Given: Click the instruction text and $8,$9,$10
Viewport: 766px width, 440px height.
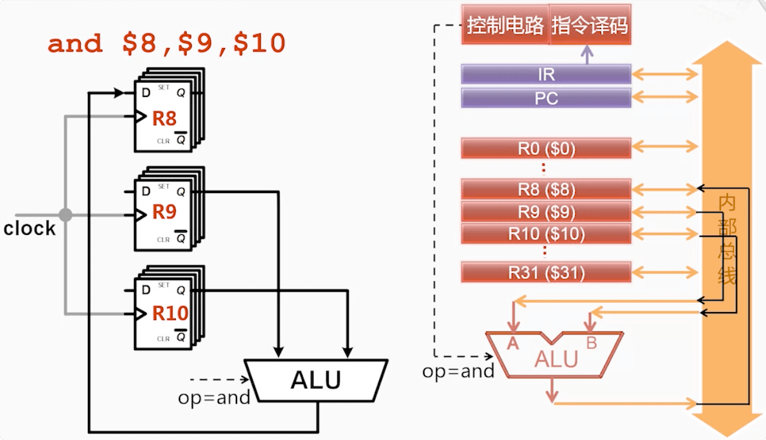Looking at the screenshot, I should pyautogui.click(x=167, y=44).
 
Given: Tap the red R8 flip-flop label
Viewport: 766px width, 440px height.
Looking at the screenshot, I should pyautogui.click(x=164, y=118).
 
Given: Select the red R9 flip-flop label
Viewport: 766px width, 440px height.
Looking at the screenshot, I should pyautogui.click(x=164, y=212).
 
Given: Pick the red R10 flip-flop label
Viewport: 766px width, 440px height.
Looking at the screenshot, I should pyautogui.click(x=170, y=313).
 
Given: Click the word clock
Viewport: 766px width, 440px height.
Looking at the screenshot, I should pyautogui.click(x=29, y=229).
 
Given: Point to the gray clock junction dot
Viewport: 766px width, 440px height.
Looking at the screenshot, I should pyautogui.click(x=66, y=215).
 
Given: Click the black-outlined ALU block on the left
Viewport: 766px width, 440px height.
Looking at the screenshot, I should pyautogui.click(x=315, y=380).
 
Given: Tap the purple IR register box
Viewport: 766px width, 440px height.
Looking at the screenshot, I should pyautogui.click(x=546, y=75).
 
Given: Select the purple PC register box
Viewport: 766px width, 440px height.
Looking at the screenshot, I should pyautogui.click(x=546, y=98).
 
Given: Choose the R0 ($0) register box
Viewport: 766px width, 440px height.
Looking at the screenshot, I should pyautogui.click(x=546, y=148).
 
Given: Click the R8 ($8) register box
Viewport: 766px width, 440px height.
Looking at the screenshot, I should pyautogui.click(x=546, y=189).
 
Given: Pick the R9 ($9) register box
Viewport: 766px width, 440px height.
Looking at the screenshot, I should pyautogui.click(x=546, y=212).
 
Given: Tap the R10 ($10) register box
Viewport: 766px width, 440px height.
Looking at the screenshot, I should pyautogui.click(x=546, y=234).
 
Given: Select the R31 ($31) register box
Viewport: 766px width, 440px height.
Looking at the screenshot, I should pyautogui.click(x=546, y=272).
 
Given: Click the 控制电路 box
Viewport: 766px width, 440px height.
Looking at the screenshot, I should pyautogui.click(x=505, y=25).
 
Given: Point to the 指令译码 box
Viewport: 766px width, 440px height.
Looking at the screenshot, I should pyautogui.click(x=590, y=25).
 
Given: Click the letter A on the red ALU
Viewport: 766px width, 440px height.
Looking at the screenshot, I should pyautogui.click(x=513, y=344).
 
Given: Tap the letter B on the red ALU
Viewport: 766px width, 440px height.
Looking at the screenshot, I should pyautogui.click(x=591, y=343).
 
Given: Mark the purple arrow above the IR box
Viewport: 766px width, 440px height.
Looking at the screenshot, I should pyautogui.click(x=586, y=55).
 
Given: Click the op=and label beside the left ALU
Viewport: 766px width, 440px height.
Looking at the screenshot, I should pyautogui.click(x=214, y=398).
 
